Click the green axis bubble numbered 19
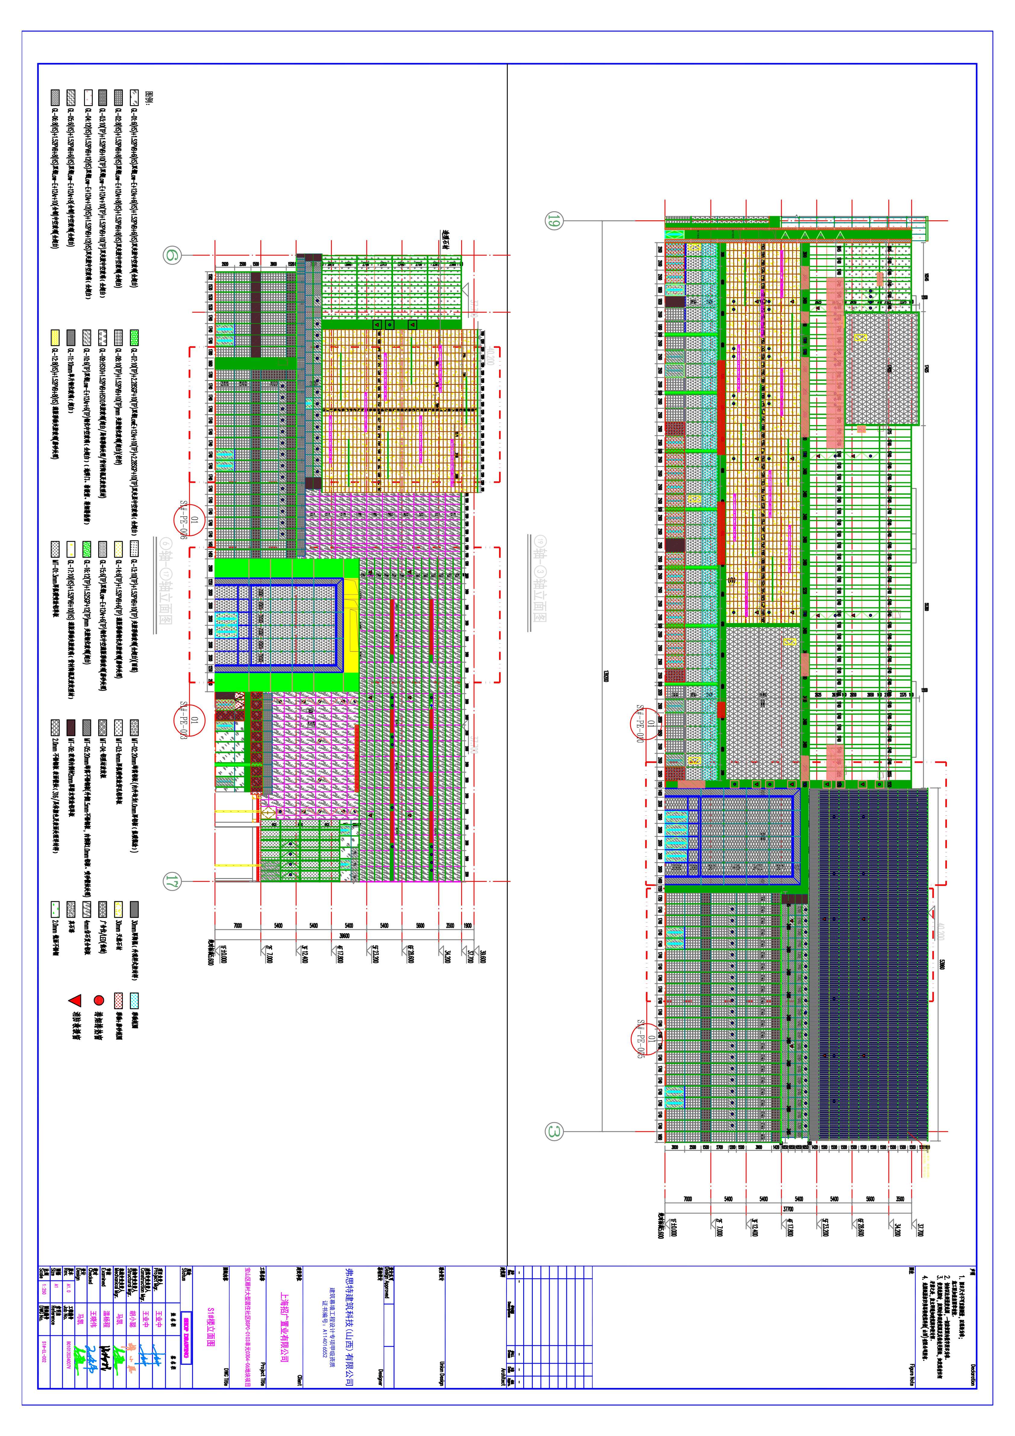[554, 220]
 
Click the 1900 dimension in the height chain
[468, 926]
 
